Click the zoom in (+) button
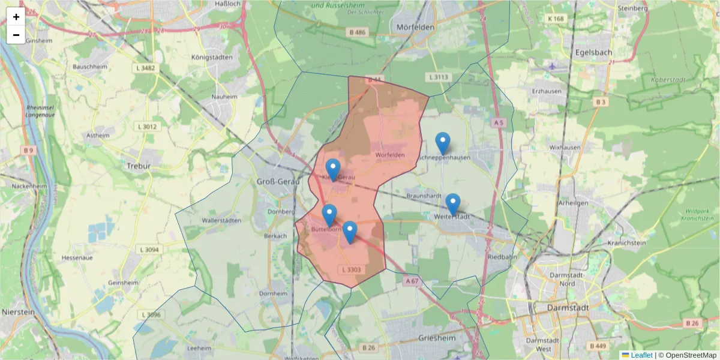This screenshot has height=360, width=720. [x=16, y=17]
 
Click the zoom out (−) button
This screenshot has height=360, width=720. [x=16, y=35]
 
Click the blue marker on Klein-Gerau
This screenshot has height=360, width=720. [x=332, y=170]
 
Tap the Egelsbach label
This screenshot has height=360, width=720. [x=593, y=52]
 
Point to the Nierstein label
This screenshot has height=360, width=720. [x=17, y=312]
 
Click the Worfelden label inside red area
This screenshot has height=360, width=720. [x=390, y=155]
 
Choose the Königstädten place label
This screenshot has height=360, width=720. [x=211, y=58]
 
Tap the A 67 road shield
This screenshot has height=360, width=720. [x=412, y=280]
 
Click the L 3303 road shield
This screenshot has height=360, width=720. [x=352, y=269]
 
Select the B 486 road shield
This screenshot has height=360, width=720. [x=356, y=32]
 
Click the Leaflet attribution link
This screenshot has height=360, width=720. [x=641, y=355]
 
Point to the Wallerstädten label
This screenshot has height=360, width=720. [x=221, y=221]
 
